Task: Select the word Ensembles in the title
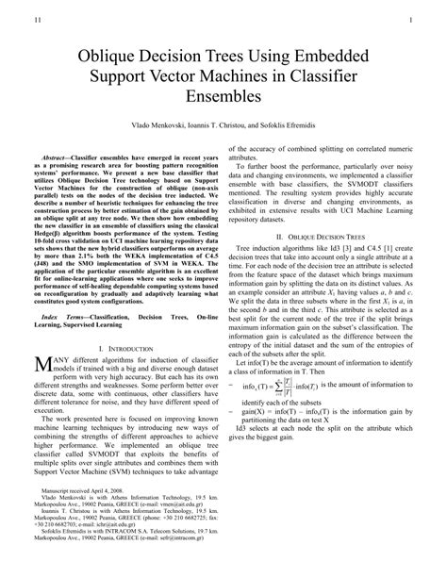[223, 95]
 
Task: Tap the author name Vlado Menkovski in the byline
[157, 124]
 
